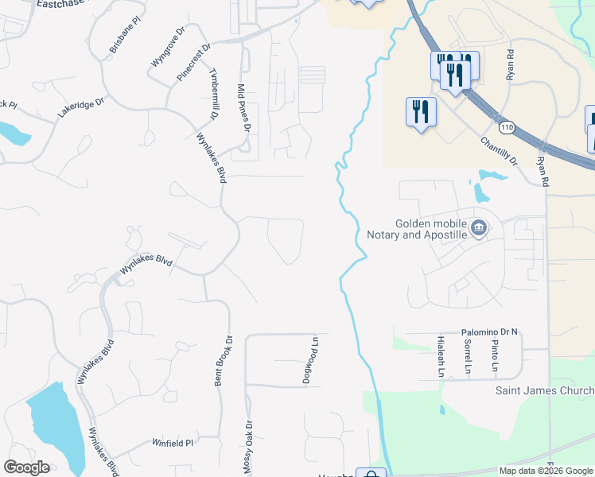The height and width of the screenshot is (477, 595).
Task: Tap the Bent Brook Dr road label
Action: [224, 361]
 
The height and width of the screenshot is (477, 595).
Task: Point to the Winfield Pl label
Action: [173, 442]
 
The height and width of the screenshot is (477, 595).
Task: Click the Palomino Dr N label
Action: [489, 332]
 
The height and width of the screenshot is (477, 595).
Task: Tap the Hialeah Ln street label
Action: [440, 355]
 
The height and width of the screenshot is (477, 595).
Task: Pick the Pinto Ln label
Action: [494, 356]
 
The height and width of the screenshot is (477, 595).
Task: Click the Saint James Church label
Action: [545, 390]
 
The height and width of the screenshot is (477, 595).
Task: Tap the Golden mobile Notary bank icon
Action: [479, 229]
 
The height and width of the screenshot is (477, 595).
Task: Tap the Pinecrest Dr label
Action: [194, 63]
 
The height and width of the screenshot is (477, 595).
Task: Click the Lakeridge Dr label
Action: [80, 109]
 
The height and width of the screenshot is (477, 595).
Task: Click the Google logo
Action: [26, 467]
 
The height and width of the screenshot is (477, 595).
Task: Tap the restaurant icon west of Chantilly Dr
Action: [421, 111]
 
